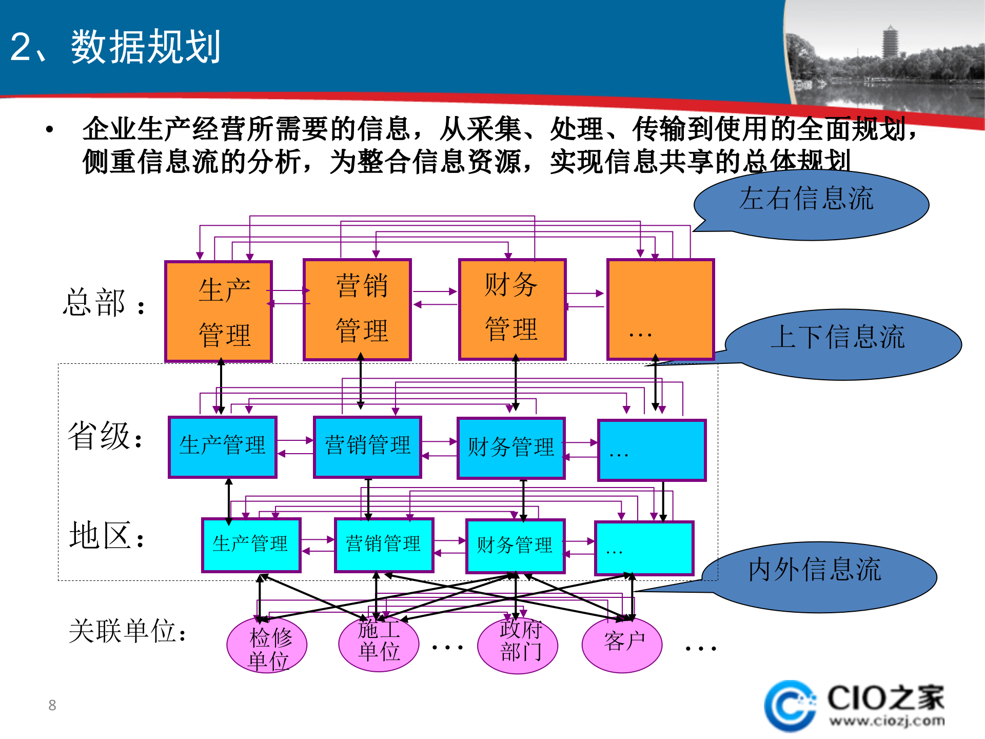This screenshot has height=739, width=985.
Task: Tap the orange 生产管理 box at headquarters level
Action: [219, 312]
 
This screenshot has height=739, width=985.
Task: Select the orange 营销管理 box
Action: [358, 309]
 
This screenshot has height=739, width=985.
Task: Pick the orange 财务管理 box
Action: [512, 309]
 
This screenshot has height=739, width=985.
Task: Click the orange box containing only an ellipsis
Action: [660, 309]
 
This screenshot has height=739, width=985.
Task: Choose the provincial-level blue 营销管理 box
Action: [367, 447]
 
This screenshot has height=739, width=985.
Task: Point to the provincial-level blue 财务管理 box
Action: [511, 448]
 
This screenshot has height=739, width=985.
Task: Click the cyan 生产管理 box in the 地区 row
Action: [251, 545]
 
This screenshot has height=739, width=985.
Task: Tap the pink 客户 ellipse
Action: [622, 644]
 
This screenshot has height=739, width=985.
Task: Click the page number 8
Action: [52, 705]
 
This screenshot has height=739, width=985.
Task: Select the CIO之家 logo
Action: [854, 706]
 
